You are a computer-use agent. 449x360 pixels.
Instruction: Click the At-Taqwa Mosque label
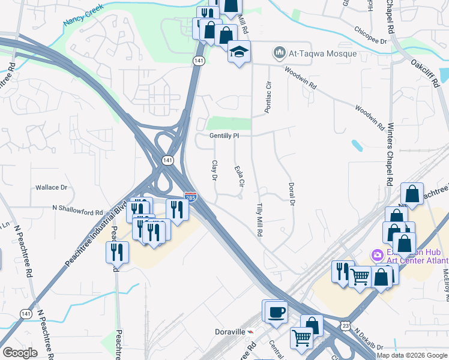click(x=323, y=53)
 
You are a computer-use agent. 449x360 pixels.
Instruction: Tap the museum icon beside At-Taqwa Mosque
click(x=279, y=53)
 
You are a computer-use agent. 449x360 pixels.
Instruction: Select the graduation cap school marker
click(x=238, y=53)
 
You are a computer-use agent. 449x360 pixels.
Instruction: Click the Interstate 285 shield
click(x=190, y=196)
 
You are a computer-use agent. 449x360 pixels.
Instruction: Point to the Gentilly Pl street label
click(x=224, y=136)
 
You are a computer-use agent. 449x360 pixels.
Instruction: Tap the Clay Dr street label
click(x=214, y=170)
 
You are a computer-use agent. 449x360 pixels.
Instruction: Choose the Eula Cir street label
click(x=238, y=175)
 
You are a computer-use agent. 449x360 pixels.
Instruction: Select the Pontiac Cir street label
click(x=268, y=98)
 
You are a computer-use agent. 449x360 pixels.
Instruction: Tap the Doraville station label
click(x=231, y=331)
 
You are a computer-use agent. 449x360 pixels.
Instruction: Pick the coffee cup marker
click(x=277, y=312)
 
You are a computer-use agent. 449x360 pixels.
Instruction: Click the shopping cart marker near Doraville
click(x=301, y=337)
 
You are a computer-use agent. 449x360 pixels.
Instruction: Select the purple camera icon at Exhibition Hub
click(x=378, y=255)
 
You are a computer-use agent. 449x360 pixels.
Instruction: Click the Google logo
click(x=20, y=353)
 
